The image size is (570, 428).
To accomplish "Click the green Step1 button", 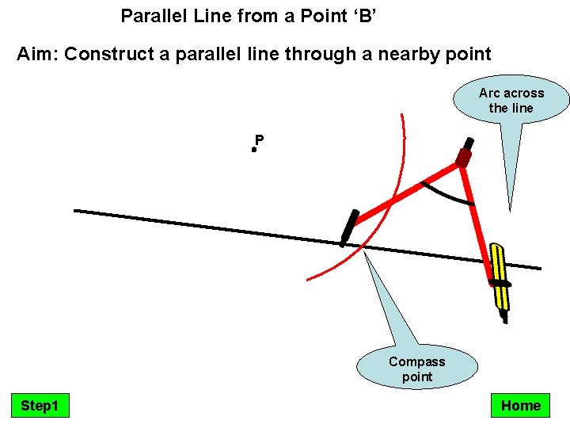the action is point(40,406).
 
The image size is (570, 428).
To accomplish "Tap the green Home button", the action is point(520,406).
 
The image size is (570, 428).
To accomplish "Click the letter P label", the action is point(260,141).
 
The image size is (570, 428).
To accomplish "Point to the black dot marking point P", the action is point(254,149).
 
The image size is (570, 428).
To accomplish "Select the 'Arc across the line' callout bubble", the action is point(511,101).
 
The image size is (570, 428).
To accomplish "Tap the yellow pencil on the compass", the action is point(498,273).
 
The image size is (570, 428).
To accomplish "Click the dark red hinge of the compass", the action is point(463,158).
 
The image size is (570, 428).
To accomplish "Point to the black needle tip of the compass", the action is point(343,243).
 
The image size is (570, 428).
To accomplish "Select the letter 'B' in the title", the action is point(364,15).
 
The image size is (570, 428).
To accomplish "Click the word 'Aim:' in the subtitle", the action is point(38,55).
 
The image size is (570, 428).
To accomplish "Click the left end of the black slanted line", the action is point(76,211).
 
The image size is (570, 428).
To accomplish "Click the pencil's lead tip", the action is point(504,319).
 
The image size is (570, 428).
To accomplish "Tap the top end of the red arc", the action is point(402,116).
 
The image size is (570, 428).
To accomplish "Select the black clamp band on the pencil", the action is point(500,283).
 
